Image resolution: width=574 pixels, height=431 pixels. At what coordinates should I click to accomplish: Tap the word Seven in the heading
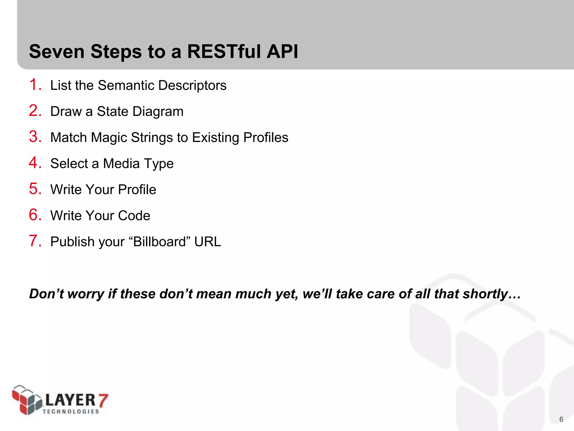(57, 52)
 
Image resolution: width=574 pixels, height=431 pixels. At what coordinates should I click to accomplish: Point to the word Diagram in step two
(158, 112)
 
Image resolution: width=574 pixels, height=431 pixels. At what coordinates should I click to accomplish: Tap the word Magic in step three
(109, 137)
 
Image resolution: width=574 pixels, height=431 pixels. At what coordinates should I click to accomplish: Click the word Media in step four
(121, 163)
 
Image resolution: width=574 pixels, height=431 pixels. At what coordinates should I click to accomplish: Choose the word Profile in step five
(137, 189)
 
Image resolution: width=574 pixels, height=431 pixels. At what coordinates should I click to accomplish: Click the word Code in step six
(134, 215)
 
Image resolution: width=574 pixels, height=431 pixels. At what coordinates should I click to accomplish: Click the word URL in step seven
(207, 242)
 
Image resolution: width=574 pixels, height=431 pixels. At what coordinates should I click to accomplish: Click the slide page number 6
(561, 419)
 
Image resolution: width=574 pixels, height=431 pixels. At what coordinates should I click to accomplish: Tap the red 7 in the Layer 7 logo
(103, 400)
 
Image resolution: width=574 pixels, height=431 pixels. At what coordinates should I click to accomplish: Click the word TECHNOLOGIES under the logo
(71, 411)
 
